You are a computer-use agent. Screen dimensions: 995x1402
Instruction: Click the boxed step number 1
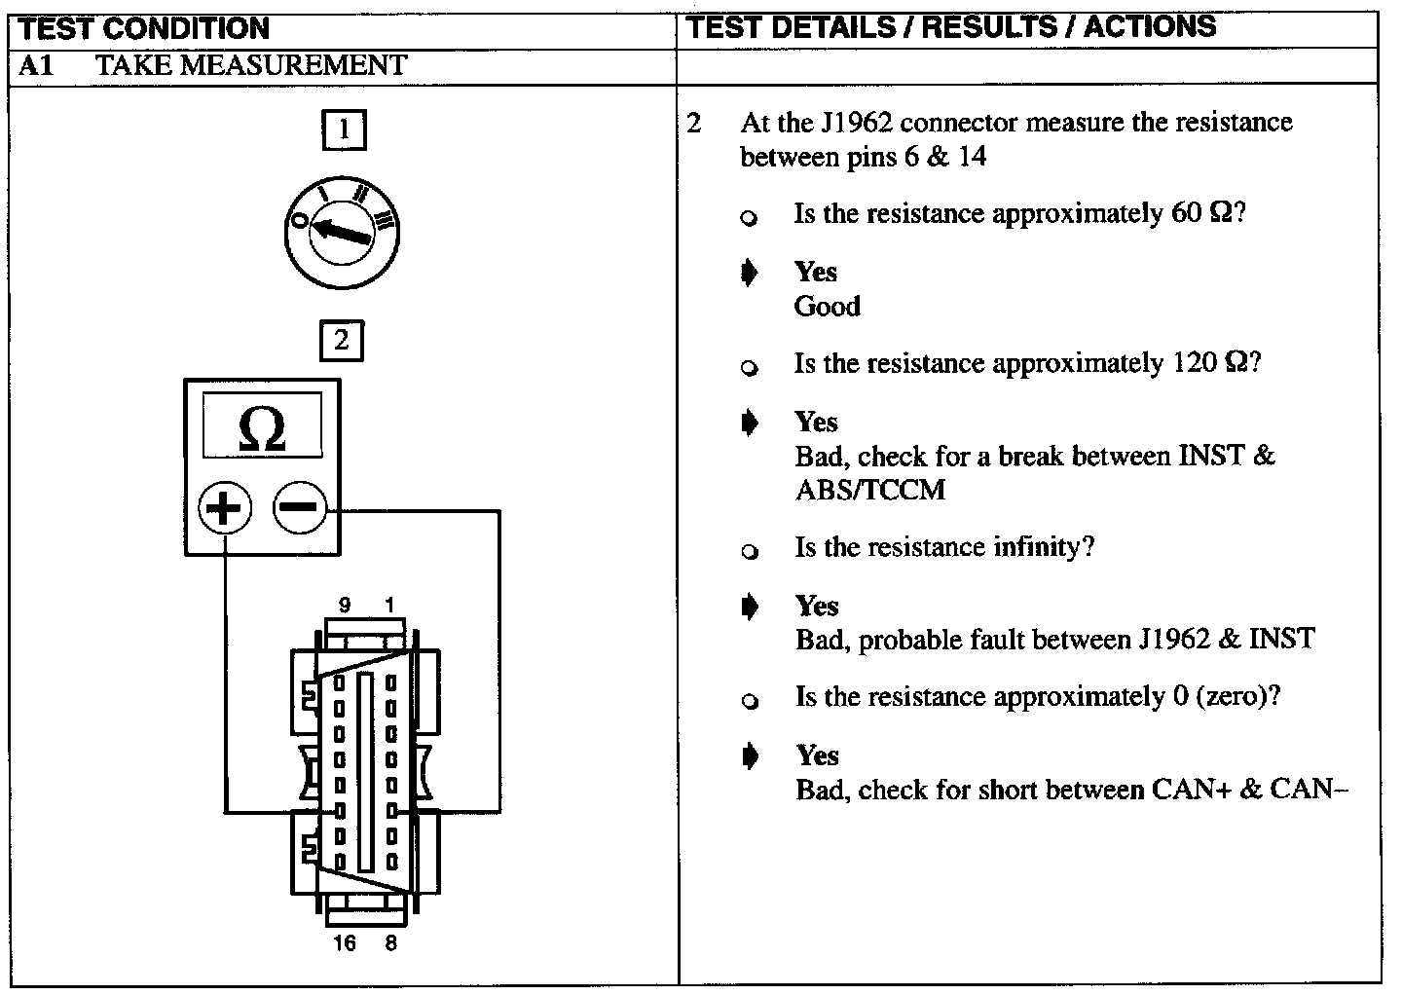tap(343, 130)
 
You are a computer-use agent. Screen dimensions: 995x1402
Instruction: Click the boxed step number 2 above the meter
tap(341, 341)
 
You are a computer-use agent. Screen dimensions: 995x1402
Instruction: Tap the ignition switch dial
tap(342, 232)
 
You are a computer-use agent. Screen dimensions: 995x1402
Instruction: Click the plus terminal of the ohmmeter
tap(225, 508)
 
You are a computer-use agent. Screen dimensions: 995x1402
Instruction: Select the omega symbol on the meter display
tap(262, 429)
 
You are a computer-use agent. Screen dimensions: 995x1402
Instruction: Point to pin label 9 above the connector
tap(344, 606)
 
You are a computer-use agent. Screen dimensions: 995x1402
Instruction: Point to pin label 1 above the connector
tap(389, 606)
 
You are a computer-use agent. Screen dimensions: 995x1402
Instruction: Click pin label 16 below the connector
tap(344, 942)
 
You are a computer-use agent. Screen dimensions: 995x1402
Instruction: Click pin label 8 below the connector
tap(390, 942)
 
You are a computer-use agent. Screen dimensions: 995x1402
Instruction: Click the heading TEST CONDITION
tap(144, 28)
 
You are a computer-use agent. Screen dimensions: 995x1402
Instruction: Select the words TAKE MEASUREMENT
tap(251, 65)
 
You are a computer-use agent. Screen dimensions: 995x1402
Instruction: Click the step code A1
tap(34, 65)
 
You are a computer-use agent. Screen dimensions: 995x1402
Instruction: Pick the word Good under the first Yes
tap(828, 306)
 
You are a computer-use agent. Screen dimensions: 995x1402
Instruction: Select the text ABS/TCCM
tap(869, 489)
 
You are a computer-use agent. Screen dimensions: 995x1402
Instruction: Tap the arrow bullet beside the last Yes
tap(749, 756)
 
